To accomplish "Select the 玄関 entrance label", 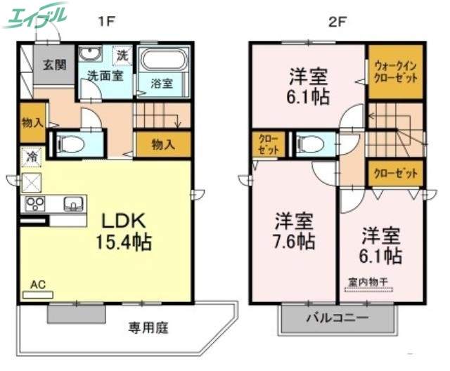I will click(53, 65).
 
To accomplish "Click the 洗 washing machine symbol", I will click(122, 55).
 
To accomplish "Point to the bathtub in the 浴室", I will click(163, 60).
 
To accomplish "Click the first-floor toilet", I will click(70, 144).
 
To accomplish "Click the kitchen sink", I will click(72, 204).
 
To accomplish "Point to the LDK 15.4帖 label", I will click(124, 231).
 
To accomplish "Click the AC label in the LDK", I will click(38, 285).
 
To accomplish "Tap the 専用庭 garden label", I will click(148, 327).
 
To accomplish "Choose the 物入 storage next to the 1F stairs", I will click(163, 145).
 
